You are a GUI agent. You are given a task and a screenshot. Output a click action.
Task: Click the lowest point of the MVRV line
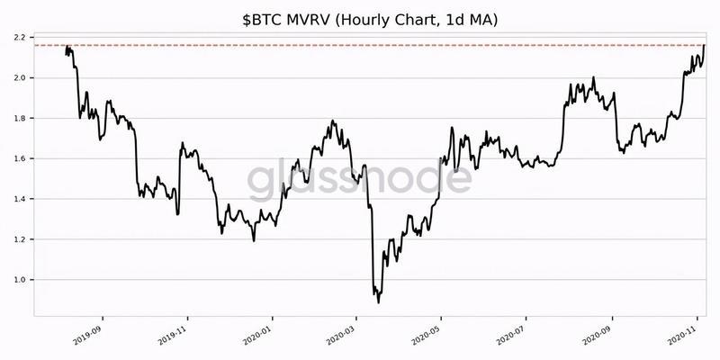coord(378,302)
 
